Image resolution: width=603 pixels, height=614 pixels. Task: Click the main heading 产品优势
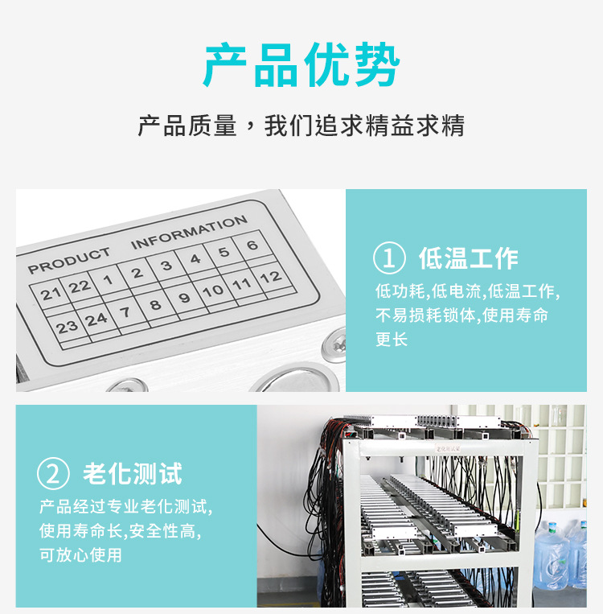(x=301, y=65)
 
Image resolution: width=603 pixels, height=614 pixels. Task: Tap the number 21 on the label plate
(x=51, y=294)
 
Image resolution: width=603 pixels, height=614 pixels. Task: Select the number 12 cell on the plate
(x=270, y=278)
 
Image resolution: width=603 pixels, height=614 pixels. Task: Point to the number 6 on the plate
(x=252, y=245)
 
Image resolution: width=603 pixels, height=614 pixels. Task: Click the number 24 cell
(x=96, y=319)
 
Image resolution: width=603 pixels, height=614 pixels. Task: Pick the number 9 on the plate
(x=184, y=298)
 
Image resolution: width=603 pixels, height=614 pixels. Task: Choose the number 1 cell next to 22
(x=108, y=279)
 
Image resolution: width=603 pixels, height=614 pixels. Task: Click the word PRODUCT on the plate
(x=69, y=261)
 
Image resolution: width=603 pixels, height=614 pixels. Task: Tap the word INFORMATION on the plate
(x=189, y=233)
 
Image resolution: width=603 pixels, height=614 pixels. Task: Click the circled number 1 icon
(x=389, y=258)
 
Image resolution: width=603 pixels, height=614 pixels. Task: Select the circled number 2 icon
(x=53, y=473)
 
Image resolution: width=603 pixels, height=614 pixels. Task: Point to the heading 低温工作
(x=469, y=258)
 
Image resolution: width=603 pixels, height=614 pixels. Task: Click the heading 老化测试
(x=133, y=474)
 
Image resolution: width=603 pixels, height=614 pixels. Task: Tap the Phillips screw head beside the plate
(x=335, y=344)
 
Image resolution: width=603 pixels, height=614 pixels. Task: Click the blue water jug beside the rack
(x=551, y=555)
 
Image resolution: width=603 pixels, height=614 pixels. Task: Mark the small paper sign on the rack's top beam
(x=449, y=448)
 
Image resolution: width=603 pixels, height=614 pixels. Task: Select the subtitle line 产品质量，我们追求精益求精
(x=301, y=126)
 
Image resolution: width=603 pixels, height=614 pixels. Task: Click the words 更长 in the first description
(x=392, y=339)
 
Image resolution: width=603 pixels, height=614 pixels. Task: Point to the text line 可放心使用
(x=80, y=555)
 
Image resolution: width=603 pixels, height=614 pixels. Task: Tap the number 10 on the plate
(x=213, y=291)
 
